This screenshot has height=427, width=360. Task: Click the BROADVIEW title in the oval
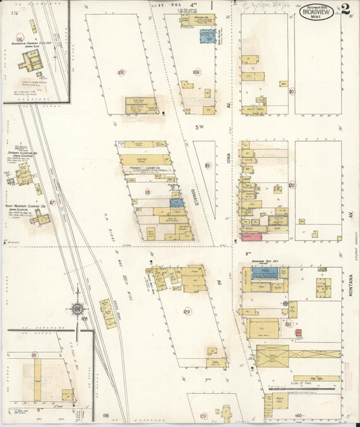[x=317, y=11]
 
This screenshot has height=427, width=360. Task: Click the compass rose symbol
[x=77, y=309]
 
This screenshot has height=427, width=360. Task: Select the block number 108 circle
[x=121, y=72]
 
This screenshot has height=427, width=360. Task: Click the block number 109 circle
[x=196, y=72]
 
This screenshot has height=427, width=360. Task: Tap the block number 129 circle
[x=187, y=311]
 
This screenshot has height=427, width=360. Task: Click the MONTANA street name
[x=352, y=284]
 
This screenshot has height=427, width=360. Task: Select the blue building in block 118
[x=176, y=202]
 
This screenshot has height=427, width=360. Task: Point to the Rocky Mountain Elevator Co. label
[x=28, y=205]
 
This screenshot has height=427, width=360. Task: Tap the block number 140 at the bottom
[x=298, y=415]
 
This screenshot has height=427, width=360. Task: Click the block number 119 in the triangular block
[x=208, y=166]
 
